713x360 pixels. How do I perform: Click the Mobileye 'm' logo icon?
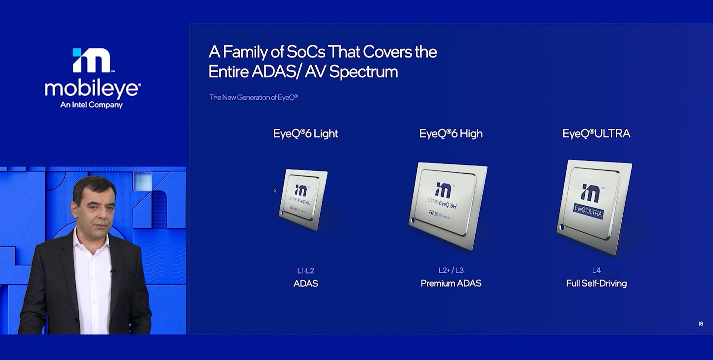(92, 60)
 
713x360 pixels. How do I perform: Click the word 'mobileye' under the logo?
(92, 89)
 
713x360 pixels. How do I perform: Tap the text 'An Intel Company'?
(91, 105)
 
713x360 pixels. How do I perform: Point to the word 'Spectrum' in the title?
(363, 72)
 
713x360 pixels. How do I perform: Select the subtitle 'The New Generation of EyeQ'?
(253, 98)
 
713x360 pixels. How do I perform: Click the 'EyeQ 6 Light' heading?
(305, 134)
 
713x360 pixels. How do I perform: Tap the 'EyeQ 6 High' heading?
(451, 134)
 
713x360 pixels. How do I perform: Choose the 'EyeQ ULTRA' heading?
(596, 134)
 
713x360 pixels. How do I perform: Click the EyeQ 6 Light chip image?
(303, 200)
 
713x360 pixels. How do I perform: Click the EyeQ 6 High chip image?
(448, 205)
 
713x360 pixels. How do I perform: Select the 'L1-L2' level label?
(306, 271)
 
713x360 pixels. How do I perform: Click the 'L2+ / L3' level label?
(451, 271)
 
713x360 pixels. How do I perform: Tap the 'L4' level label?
(596, 271)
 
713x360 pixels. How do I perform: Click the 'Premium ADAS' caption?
(451, 284)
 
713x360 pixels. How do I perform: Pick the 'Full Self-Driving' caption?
(596, 284)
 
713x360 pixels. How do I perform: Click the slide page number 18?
(701, 324)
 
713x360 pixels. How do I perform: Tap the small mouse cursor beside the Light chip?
(275, 191)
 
